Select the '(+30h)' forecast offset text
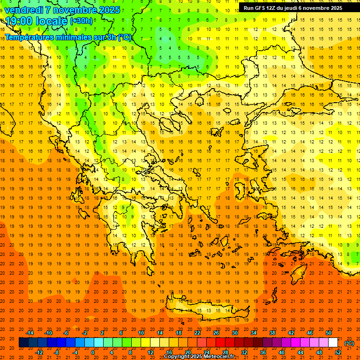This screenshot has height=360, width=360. (x=81, y=21)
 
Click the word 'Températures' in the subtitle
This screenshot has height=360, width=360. (x=30, y=37)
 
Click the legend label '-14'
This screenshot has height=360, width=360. (x=30, y=333)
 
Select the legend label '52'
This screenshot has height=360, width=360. (x=337, y=352)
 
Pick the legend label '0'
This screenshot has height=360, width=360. (x=92, y=352)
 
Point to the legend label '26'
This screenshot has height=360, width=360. (x=216, y=333)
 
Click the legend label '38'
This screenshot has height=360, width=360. (x=272, y=333)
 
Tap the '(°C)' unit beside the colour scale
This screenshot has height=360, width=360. (x=349, y=343)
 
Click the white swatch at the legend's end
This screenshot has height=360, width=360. (x=333, y=343)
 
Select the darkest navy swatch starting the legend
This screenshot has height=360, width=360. (x=23, y=343)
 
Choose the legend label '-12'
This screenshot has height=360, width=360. (x=39, y=352)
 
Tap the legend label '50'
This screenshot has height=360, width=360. (x=328, y=333)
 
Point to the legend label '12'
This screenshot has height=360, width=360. (x=150, y=352)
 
